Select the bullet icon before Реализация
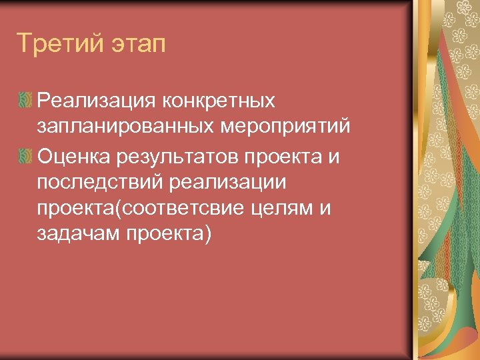tap(25, 101)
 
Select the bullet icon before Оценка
tap(25, 157)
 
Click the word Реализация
tap(93, 101)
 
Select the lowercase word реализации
tap(229, 183)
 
